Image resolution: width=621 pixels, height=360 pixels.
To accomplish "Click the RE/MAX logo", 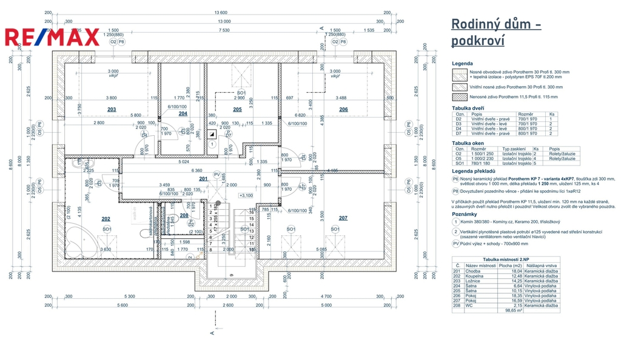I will tap(52, 37).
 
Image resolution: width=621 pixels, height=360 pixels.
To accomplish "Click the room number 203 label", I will tap(112, 110).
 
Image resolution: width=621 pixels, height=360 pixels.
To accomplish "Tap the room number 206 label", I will tap(343, 110).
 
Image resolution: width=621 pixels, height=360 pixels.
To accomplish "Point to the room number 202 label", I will tap(106, 218).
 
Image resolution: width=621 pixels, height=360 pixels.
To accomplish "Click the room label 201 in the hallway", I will tap(203, 178).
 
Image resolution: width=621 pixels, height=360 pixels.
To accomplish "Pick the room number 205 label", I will tap(237, 110).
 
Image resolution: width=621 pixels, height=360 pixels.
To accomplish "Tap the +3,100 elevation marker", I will tap(246, 195).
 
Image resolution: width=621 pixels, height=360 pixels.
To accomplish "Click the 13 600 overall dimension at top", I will tap(220, 13).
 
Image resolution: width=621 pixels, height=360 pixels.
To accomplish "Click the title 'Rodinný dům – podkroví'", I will tap(496, 32).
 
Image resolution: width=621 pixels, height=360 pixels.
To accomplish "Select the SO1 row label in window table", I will tap(460, 163).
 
